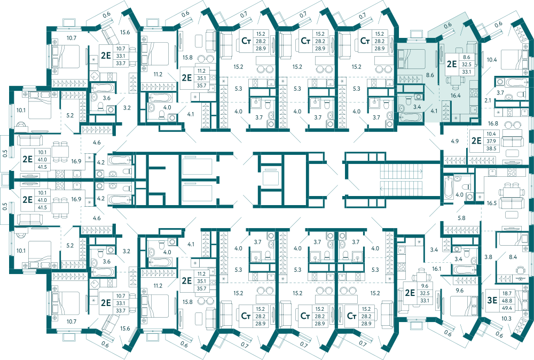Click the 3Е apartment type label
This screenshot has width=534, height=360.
tap(492, 300)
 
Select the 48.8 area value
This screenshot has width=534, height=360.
tap(507, 300)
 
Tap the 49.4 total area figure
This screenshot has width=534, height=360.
tap(507, 308)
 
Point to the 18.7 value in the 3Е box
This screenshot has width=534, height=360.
tap(507, 293)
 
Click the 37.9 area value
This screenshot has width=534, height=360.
tap(491, 141)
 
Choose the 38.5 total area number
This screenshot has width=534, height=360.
tap(491, 148)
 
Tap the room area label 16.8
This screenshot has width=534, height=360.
tap(493, 123)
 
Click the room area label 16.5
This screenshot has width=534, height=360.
tap(491, 203)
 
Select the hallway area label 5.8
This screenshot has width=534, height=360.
tap(461, 218)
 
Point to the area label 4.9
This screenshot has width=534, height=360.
tap(454, 141)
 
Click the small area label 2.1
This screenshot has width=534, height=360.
tap(488, 100)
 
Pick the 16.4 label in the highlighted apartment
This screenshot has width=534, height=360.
tap(456, 96)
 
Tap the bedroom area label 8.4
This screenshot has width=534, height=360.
tap(513, 257)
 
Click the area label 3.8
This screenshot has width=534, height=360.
tap(489, 257)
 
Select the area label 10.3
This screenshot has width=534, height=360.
tap(506, 319)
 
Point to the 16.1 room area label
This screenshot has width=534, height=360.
tap(437, 269)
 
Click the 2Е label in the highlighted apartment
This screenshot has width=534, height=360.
tap(452, 64)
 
